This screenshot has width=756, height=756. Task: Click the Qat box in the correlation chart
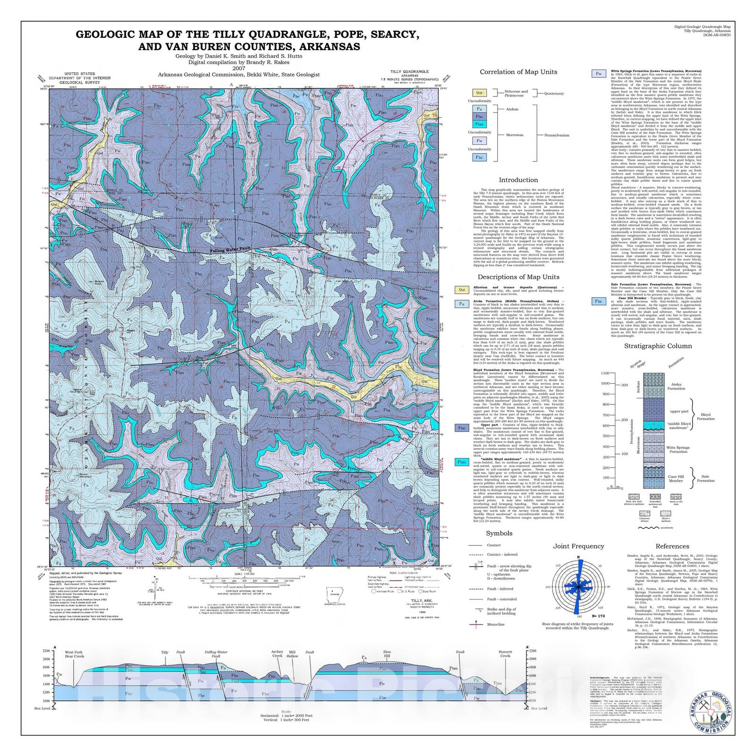[x=479, y=93]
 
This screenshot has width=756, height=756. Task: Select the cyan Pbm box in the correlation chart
[x=479, y=124]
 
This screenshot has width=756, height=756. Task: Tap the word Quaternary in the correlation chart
[x=553, y=94]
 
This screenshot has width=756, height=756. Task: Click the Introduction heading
[x=518, y=180]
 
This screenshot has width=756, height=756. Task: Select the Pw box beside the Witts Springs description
[x=599, y=74]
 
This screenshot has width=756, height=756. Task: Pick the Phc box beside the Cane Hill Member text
[x=599, y=301]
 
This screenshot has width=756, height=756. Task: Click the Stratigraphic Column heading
[x=658, y=346]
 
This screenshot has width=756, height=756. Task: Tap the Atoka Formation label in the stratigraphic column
[x=676, y=387]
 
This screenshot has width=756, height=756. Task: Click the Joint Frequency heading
[x=578, y=546]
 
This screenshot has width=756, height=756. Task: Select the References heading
[x=672, y=546]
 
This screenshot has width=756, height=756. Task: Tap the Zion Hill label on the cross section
[x=387, y=654]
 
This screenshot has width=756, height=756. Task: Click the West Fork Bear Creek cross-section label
[x=74, y=654]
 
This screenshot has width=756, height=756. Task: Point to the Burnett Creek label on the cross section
[x=505, y=654]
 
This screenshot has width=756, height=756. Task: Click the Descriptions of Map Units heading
[x=518, y=277]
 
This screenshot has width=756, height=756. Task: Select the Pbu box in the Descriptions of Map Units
[x=462, y=428]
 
